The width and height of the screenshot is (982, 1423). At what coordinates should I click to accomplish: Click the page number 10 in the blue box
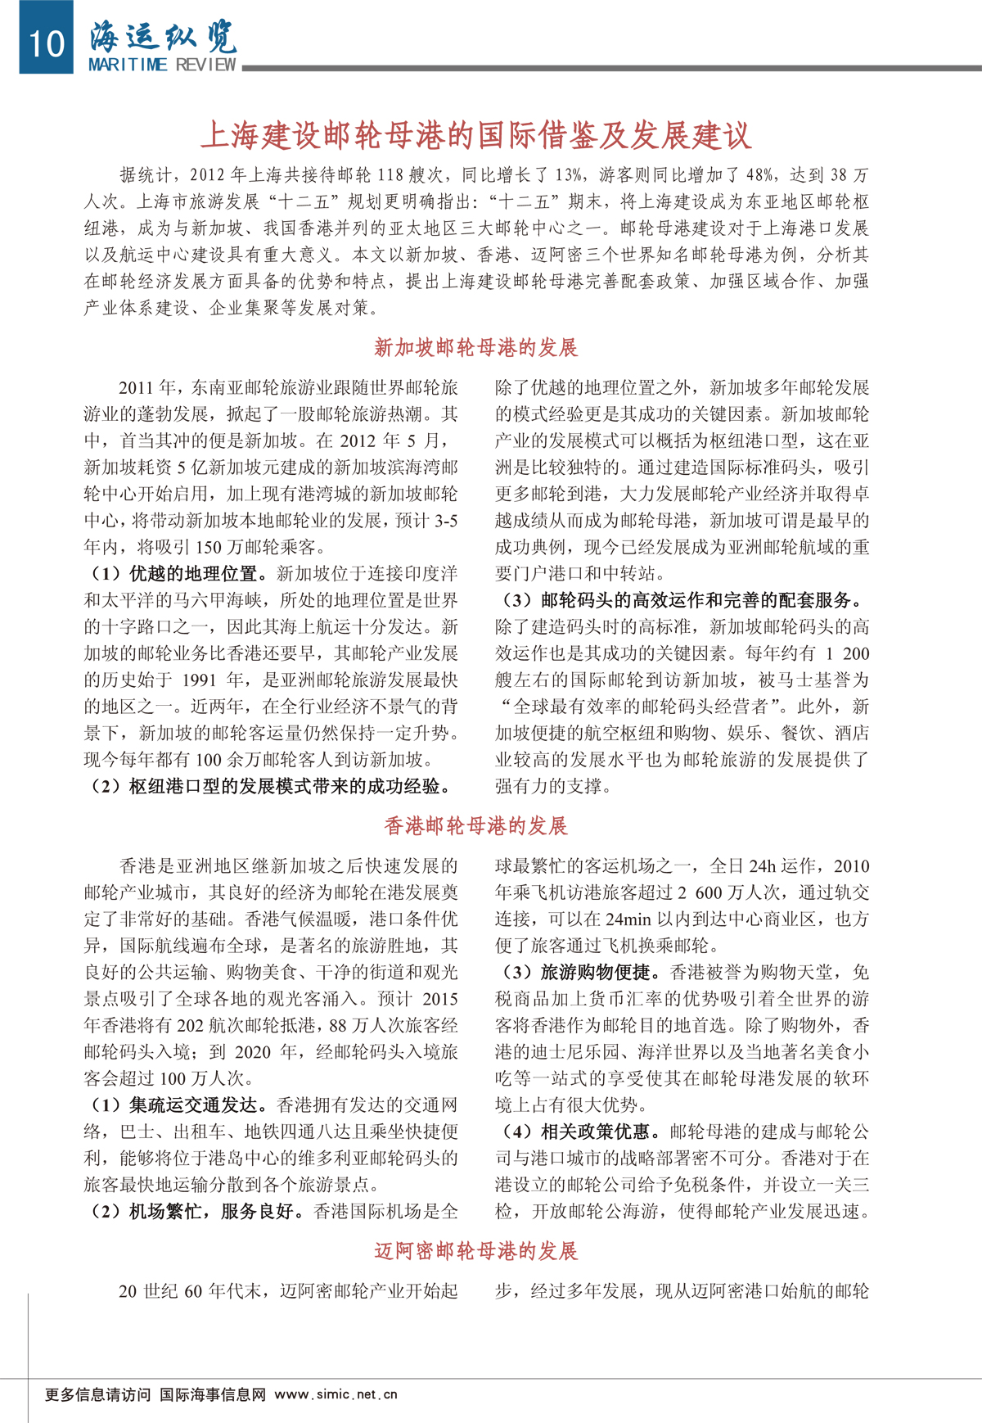coord(47,42)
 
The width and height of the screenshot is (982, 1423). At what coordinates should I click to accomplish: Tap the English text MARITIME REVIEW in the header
coord(162,65)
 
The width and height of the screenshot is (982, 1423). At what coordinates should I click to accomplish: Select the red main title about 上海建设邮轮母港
coord(475,135)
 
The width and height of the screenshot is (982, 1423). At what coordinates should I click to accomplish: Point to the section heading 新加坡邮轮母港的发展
coord(475,347)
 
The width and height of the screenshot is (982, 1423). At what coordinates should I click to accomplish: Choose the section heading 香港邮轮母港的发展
coord(475,825)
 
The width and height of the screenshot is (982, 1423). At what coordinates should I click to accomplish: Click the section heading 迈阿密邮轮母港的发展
coord(475,1250)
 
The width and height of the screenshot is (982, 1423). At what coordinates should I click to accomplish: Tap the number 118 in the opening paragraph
coord(390,174)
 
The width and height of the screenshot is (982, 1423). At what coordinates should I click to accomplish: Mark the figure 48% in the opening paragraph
coord(760,174)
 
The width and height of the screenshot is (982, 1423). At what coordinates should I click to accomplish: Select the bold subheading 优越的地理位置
coord(193,573)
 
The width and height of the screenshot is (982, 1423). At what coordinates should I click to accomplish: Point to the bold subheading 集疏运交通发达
coord(193,1105)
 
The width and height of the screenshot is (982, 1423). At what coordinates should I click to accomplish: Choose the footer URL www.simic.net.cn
coord(336,1394)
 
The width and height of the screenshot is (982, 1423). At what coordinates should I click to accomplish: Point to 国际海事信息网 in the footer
coord(213,1394)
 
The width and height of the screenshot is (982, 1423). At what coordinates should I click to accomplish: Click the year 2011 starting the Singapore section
coord(137,387)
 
